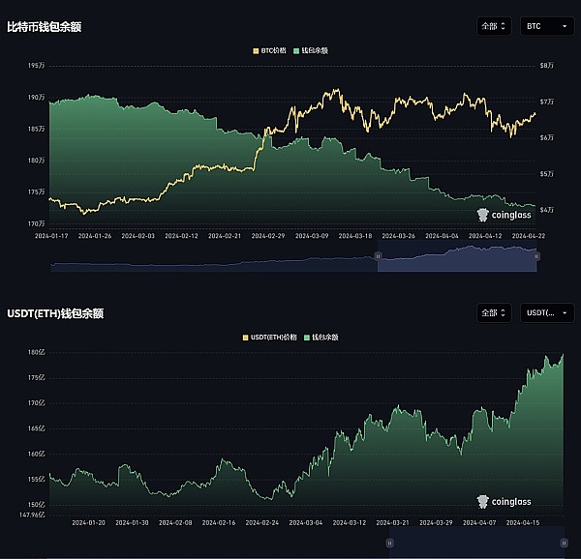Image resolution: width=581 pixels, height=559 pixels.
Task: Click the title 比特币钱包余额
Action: click(44, 27)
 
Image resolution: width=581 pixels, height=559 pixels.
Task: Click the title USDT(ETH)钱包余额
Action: click(55, 313)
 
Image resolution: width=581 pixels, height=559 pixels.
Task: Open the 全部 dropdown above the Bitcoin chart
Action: click(494, 27)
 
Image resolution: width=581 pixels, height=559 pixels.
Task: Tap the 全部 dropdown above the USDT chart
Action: click(494, 313)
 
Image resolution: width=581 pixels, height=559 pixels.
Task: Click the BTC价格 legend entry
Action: click(269, 50)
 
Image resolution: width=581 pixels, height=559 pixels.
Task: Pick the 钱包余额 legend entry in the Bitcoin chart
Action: click(311, 50)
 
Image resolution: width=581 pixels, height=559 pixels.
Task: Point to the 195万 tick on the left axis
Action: click(35, 66)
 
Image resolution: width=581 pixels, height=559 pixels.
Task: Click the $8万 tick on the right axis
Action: click(547, 66)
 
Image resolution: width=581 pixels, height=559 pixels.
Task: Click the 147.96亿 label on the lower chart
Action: click(31, 515)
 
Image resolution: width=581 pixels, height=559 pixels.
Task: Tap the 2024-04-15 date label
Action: click(522, 522)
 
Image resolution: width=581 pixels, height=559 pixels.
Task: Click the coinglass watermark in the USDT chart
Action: click(505, 502)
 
